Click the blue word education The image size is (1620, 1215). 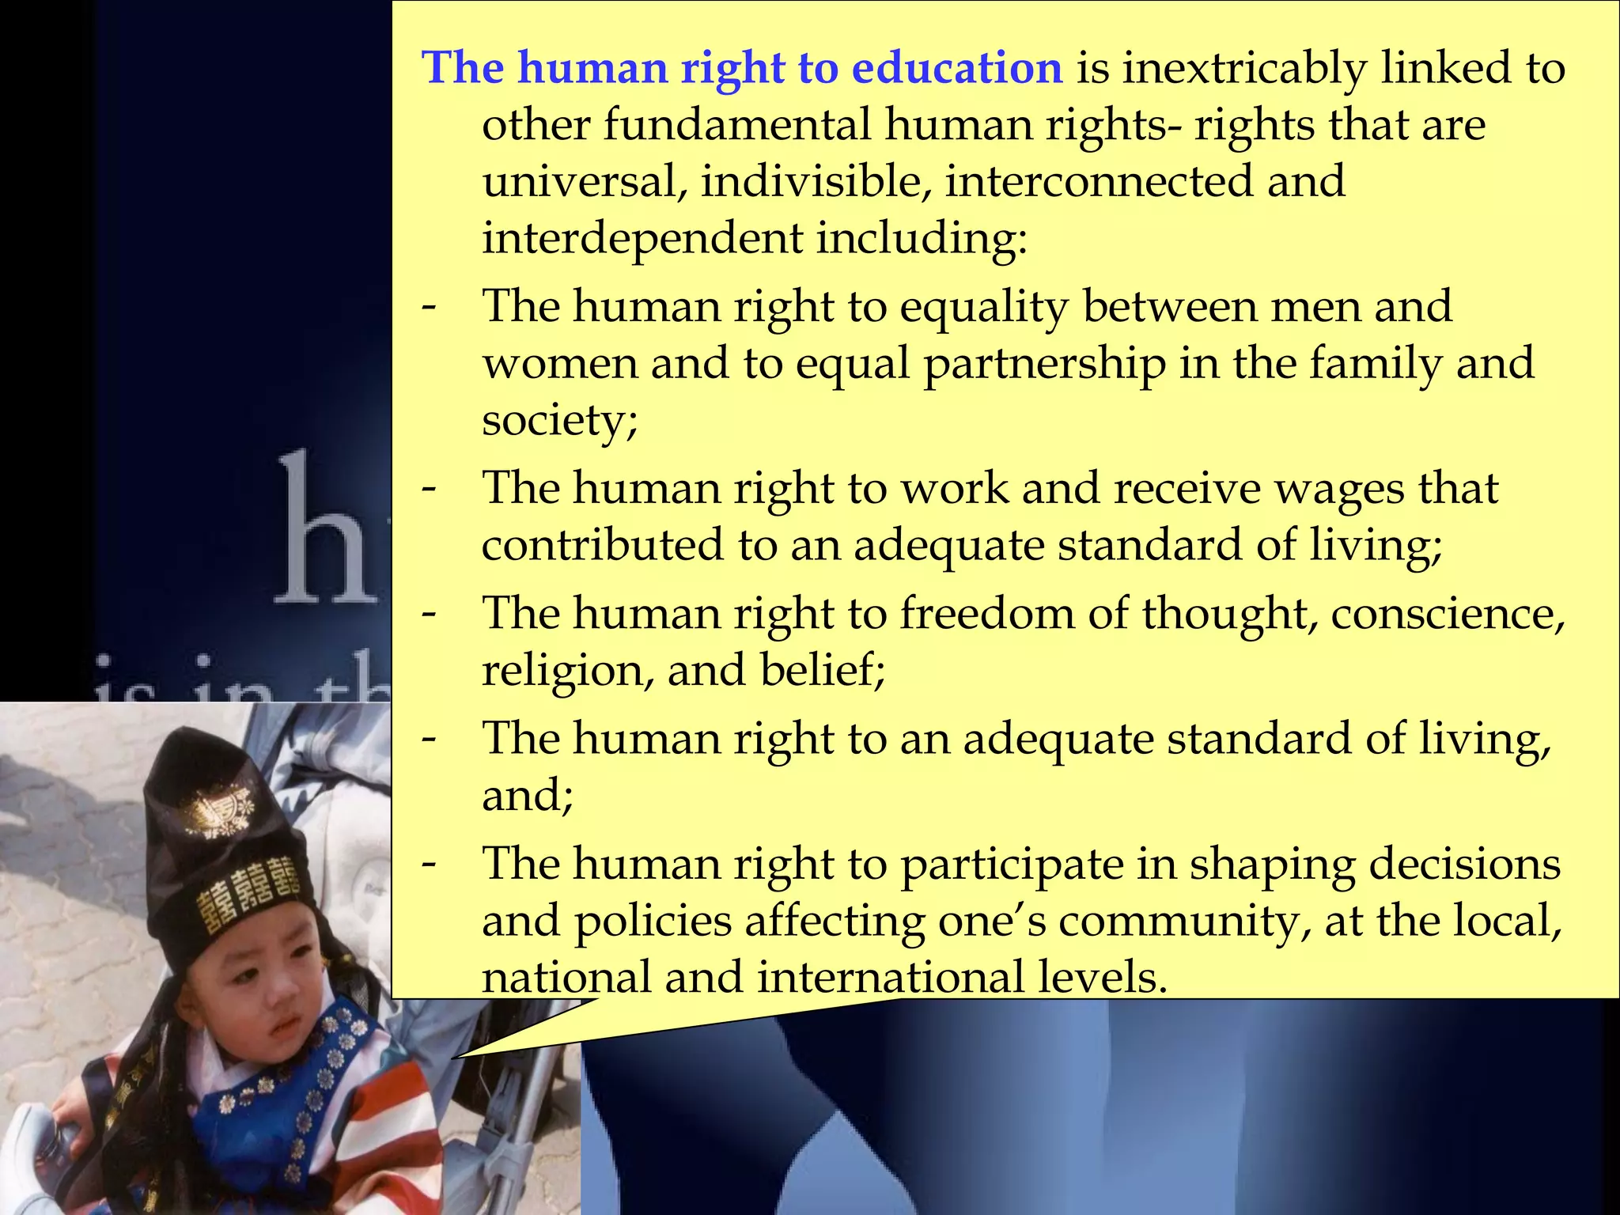point(956,68)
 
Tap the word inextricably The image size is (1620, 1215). point(1244,68)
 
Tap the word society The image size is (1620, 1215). point(559,420)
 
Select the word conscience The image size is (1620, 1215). point(1447,614)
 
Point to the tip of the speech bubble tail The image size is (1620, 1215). point(453,1058)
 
